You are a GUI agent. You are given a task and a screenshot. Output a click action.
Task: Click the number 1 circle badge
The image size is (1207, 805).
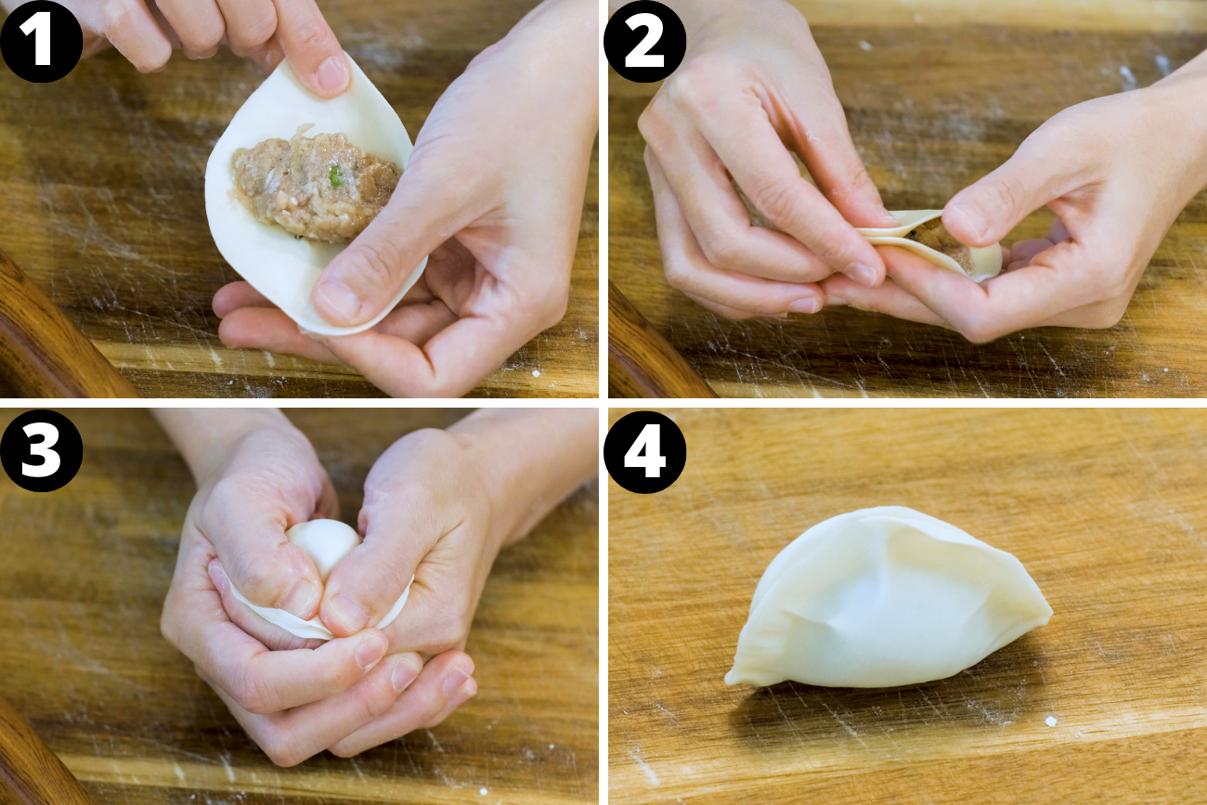click(41, 42)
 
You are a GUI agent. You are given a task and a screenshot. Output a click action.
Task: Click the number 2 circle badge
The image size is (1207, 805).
click(644, 42)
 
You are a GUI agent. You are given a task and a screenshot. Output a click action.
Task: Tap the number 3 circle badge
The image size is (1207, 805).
click(41, 451)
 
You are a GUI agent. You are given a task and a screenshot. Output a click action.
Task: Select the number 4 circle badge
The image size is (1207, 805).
click(644, 452)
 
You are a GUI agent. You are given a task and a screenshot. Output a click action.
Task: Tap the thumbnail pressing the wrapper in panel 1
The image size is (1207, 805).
click(337, 300)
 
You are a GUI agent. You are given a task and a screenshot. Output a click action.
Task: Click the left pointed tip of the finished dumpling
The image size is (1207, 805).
click(733, 678)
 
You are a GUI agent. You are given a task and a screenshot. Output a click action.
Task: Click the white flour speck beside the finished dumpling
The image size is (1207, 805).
click(1050, 721)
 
